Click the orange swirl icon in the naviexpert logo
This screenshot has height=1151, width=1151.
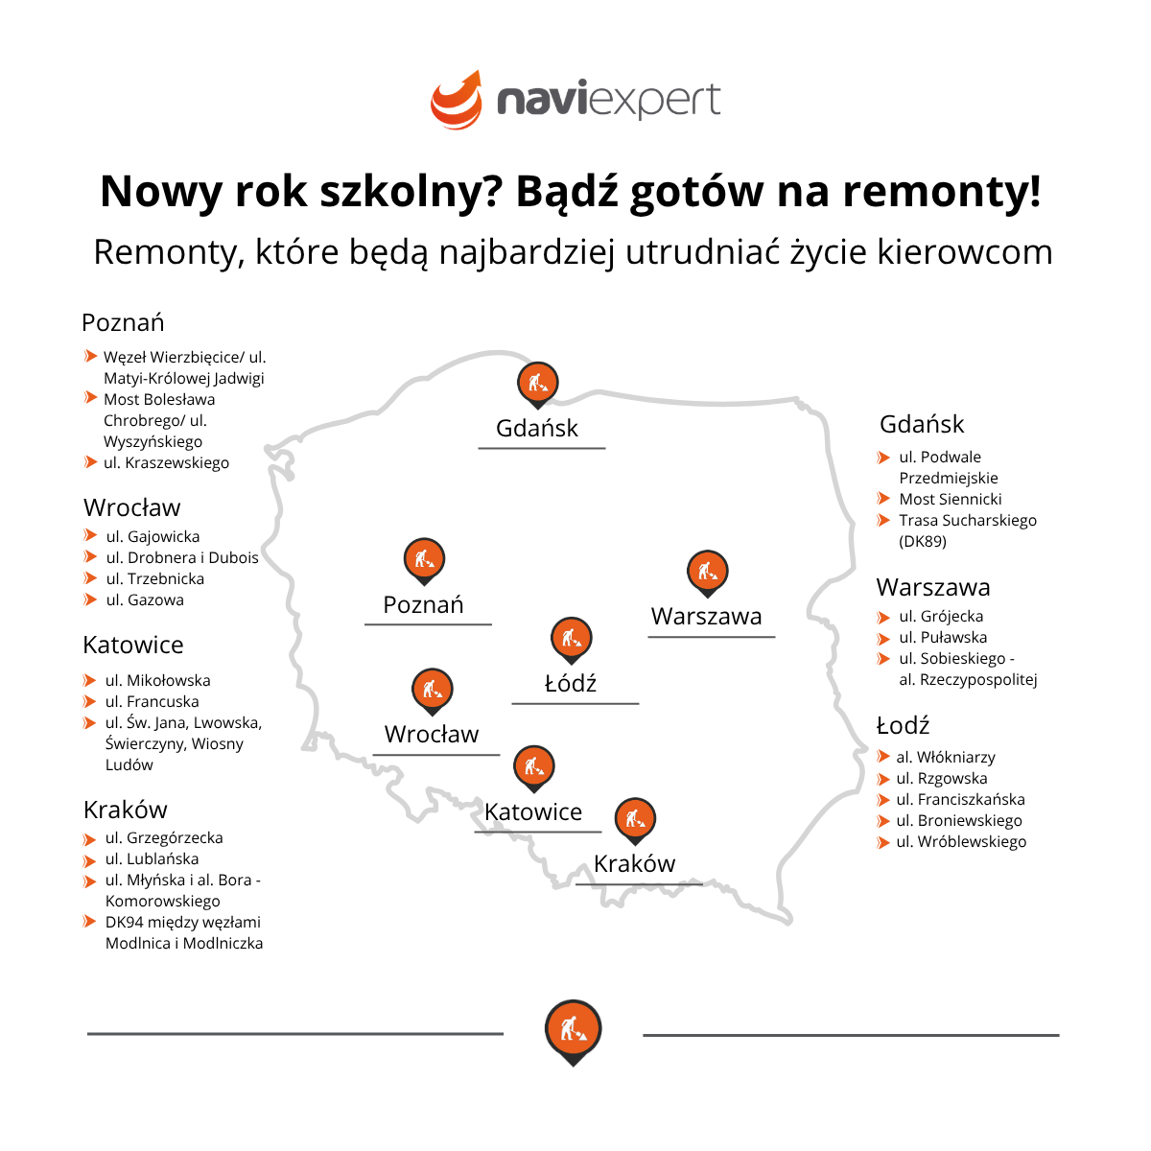(x=457, y=100)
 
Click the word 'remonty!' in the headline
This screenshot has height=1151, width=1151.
(x=942, y=192)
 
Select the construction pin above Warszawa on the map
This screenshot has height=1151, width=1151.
(x=707, y=574)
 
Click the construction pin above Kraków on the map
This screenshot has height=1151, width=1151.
(x=635, y=821)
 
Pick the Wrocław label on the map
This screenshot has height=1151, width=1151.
(x=432, y=734)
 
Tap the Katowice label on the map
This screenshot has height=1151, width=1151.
(x=532, y=811)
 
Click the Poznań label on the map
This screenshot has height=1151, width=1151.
(x=423, y=604)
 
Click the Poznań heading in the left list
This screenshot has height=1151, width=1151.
(x=123, y=322)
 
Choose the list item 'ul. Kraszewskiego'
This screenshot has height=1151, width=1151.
(x=166, y=463)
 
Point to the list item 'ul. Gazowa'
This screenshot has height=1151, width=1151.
(x=145, y=599)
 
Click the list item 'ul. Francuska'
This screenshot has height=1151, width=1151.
(x=152, y=701)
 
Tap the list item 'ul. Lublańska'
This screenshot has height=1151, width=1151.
(x=152, y=858)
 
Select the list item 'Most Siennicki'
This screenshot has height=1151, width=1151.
(x=951, y=499)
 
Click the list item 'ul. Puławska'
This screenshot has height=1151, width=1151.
(x=943, y=637)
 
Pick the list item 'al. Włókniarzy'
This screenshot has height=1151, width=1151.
(x=946, y=758)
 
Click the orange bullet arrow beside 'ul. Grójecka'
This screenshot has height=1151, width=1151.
(x=882, y=617)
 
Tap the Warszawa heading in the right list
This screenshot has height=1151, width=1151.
(x=933, y=588)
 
